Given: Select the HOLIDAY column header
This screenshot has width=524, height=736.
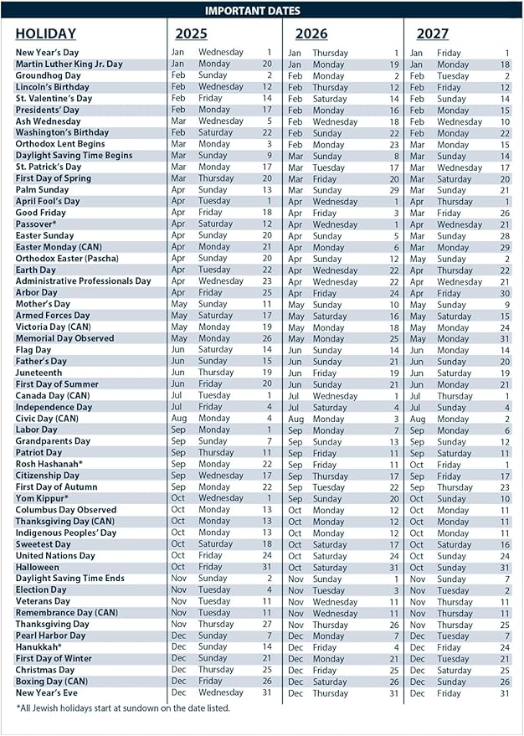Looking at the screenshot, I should [x=45, y=34].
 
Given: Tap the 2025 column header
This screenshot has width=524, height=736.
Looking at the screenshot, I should [x=192, y=34].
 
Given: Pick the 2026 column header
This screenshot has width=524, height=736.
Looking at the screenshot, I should [x=311, y=34].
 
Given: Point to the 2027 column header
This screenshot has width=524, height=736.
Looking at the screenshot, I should [x=432, y=34].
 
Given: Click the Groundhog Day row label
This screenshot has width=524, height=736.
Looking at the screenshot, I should [x=48, y=75].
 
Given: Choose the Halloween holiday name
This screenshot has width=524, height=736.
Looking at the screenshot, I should [x=39, y=567].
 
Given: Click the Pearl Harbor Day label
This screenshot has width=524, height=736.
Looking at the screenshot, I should [x=50, y=636].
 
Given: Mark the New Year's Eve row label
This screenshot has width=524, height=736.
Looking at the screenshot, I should [x=46, y=692].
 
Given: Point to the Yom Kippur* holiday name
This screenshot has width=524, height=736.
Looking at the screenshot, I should [x=42, y=498].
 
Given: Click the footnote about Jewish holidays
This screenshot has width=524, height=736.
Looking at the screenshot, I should [x=122, y=709].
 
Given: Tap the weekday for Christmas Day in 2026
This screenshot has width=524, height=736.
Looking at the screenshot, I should [x=325, y=671].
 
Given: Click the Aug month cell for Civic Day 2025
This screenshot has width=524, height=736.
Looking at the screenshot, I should [x=178, y=418].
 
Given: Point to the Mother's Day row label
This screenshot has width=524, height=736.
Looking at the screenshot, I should [x=43, y=304].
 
